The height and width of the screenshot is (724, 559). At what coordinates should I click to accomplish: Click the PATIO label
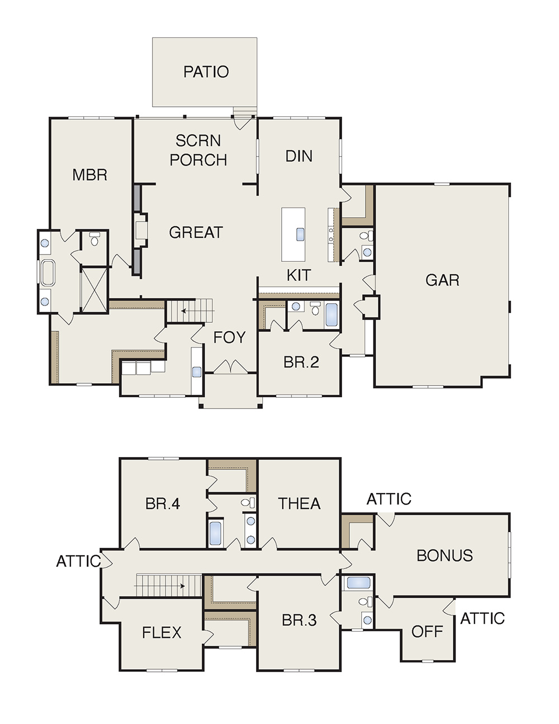206,72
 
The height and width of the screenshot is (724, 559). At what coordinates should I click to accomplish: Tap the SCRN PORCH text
198,150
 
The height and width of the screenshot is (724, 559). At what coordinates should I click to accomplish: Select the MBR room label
90,175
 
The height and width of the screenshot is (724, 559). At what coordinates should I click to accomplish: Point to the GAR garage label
442,280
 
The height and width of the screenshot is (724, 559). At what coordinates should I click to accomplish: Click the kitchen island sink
301,234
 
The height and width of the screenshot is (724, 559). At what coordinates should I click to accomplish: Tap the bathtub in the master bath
48,272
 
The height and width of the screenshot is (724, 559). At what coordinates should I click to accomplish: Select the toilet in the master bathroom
94,239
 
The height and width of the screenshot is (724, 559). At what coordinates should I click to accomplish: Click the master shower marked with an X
94,290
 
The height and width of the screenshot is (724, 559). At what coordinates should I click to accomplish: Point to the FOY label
229,337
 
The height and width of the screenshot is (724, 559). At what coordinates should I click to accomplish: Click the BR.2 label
301,362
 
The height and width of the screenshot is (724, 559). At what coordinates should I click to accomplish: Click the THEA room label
299,504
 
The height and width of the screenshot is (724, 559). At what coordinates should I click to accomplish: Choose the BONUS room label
444,556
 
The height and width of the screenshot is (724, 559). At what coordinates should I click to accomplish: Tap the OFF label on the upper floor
427,631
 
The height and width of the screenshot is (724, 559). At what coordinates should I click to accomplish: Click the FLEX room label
162,632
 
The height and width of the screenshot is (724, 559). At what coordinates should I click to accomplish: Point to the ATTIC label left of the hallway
78,561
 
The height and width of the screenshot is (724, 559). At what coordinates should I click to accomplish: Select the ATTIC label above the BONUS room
389,499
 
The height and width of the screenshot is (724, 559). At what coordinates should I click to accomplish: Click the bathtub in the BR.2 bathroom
332,314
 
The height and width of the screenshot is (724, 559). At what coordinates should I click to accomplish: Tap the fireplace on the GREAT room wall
141,230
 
